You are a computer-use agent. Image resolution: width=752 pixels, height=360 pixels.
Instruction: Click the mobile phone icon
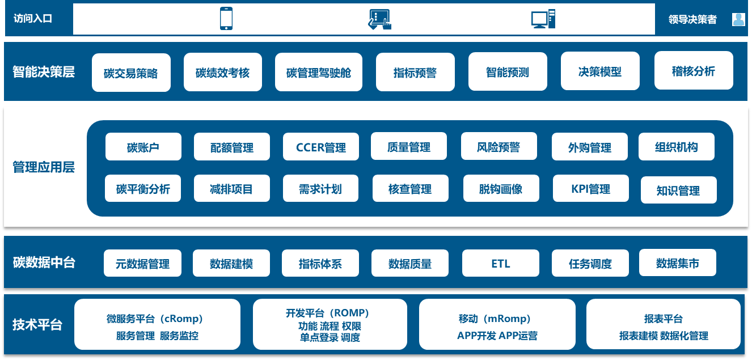(x=226, y=19)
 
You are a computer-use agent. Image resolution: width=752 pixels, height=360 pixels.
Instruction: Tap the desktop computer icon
(x=543, y=19)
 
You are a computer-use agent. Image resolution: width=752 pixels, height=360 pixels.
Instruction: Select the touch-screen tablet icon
(x=379, y=19)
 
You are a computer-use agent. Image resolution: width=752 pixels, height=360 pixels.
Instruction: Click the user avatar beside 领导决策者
(x=738, y=19)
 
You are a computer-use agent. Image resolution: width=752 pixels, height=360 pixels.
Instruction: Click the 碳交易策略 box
(x=131, y=73)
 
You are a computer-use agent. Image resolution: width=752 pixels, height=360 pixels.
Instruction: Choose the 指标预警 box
(x=415, y=72)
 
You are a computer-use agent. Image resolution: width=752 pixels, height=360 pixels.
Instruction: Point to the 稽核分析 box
(x=694, y=71)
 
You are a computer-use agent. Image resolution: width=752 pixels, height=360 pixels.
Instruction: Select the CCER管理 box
(x=321, y=147)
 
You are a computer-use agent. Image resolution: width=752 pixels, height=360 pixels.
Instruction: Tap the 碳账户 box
(x=143, y=147)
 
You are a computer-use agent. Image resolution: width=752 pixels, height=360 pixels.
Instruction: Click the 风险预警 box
(x=498, y=147)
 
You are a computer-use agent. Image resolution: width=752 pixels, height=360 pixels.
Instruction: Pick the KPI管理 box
(x=591, y=188)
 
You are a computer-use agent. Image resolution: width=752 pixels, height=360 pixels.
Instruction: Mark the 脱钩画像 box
(x=501, y=188)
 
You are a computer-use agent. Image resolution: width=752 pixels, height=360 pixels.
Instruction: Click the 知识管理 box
(x=678, y=190)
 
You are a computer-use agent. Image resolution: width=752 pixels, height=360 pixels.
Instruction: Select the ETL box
(x=501, y=264)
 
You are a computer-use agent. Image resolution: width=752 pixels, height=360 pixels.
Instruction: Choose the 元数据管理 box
(x=142, y=264)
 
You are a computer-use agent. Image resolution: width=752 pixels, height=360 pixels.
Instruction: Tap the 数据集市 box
(x=678, y=263)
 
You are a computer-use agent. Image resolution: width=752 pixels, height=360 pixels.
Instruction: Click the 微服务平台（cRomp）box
(x=157, y=325)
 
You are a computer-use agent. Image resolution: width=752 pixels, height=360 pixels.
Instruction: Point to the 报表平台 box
(x=664, y=325)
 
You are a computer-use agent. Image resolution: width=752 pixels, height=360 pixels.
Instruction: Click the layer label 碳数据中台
(x=44, y=262)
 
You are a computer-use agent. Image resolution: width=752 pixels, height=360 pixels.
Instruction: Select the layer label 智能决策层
(x=44, y=72)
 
